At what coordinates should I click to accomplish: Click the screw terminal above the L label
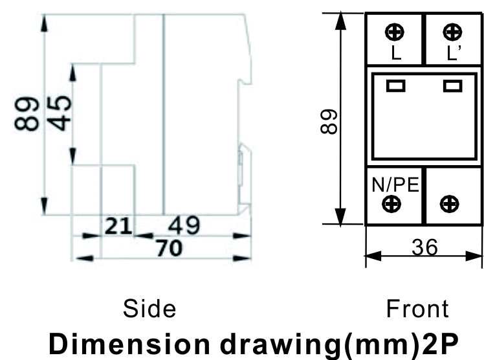point(395,32)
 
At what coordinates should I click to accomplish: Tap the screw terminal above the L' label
point(452,32)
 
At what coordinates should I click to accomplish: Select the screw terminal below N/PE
point(391,204)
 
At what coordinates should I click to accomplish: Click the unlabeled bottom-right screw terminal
point(450,204)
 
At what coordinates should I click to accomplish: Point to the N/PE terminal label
point(395,185)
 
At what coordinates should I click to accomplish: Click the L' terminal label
point(454,52)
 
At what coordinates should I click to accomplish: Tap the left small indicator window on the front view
point(396,85)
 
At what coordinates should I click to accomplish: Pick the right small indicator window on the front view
point(453,85)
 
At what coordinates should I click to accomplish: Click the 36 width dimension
point(424,247)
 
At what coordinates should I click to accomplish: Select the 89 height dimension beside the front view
point(329,121)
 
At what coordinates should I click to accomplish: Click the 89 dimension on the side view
point(27,114)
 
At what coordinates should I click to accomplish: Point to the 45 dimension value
point(60,113)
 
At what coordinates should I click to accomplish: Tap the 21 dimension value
point(118,226)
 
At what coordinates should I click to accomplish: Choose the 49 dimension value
point(184,225)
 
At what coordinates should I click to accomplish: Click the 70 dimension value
point(170,247)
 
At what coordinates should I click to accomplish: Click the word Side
point(149,308)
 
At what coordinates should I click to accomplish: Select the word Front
point(417,308)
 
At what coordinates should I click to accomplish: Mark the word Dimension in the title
point(129,344)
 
